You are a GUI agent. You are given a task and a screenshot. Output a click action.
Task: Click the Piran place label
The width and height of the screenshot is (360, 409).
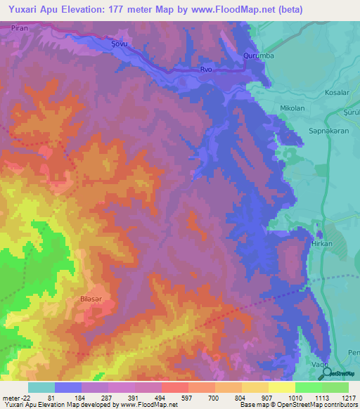pos(19,27)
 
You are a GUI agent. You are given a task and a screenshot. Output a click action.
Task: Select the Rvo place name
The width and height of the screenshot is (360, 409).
pos(205,70)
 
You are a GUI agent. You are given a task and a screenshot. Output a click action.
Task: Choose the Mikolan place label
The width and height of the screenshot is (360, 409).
pos(292,108)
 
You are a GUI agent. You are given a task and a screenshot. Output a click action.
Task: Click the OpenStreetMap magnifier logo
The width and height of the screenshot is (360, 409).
pos(327,373)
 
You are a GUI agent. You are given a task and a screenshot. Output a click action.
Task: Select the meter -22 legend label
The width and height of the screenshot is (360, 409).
pos(15,398)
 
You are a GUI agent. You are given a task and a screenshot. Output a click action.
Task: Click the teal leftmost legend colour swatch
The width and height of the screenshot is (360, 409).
pos(41,387)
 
